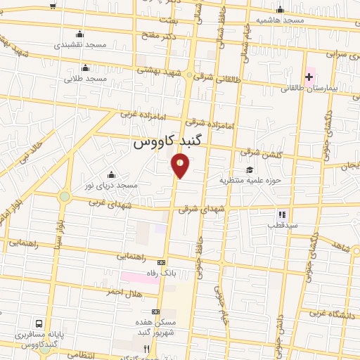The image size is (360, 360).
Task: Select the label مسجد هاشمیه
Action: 280,20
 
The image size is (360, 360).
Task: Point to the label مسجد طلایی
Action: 85,78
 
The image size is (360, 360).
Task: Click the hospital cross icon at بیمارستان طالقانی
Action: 310,76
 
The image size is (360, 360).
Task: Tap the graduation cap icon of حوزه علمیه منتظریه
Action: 250,169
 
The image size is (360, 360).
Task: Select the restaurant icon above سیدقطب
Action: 282,214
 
